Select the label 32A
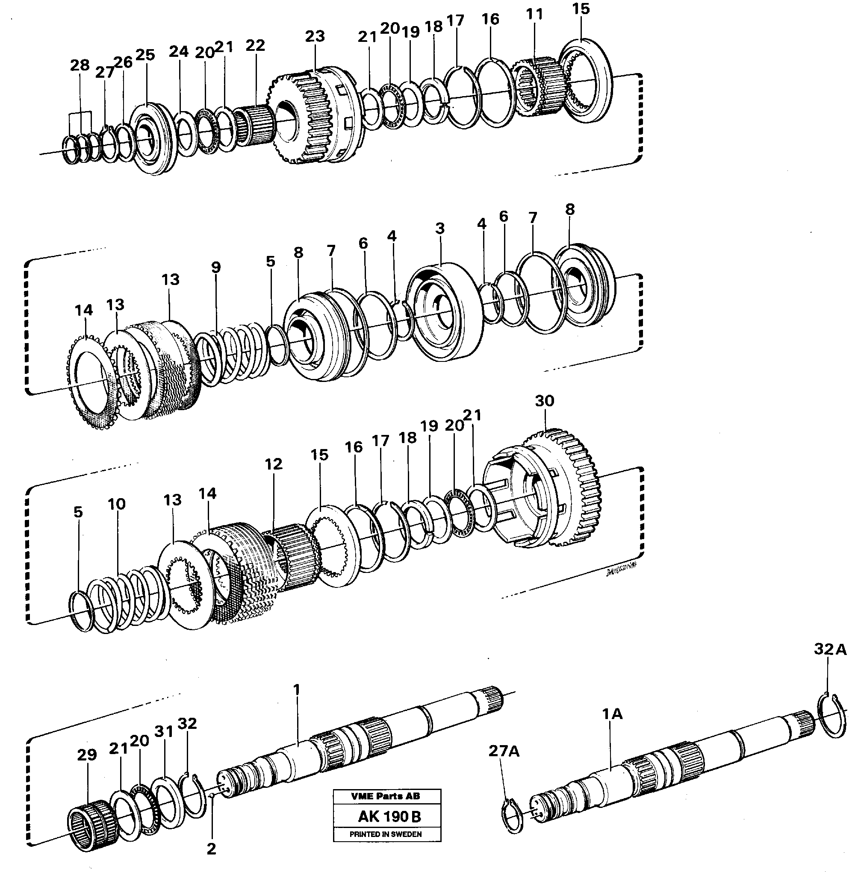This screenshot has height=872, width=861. click(830, 650)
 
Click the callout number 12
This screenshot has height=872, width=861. click(273, 464)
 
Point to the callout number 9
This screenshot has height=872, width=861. click(216, 267)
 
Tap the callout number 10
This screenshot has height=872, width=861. click(117, 504)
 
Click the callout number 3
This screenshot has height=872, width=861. click(439, 229)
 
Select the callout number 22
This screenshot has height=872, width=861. click(255, 45)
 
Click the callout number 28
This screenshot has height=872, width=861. click(80, 65)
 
